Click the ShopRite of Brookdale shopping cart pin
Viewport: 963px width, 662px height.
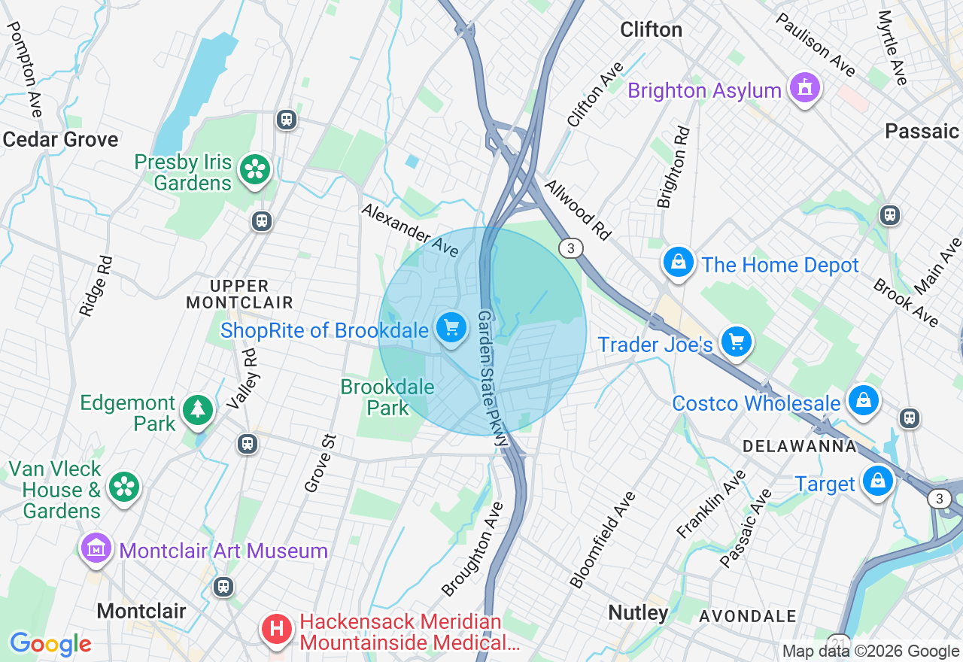pos(451,329)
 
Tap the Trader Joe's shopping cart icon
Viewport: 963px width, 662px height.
pos(736,342)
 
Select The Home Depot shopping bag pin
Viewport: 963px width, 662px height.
pos(678,263)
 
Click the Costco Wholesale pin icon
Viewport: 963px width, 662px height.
pos(863,400)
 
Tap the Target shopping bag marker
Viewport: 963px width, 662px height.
pos(877,481)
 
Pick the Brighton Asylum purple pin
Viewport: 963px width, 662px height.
pos(804,89)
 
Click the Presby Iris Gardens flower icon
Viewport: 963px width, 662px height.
pos(255,170)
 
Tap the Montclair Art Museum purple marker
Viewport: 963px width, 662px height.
pos(96,548)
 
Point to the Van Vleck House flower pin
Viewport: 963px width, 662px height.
pos(123,487)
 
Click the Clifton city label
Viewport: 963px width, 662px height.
pos(651,29)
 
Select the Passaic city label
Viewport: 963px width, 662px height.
pos(922,131)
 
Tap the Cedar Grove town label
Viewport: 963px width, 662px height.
pos(60,139)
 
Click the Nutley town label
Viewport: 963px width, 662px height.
pos(638,612)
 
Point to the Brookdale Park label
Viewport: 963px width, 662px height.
pos(387,397)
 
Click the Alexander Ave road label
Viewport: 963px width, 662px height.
pos(409,229)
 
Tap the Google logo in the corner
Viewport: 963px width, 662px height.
pos(50,644)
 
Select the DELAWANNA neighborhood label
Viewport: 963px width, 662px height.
pos(799,446)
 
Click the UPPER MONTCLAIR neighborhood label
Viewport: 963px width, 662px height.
pos(239,294)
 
